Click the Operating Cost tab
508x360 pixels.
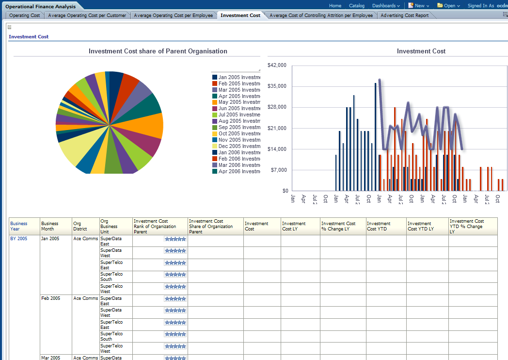click(25, 16)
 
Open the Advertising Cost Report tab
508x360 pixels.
click(404, 16)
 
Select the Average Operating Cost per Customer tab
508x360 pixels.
click(87, 16)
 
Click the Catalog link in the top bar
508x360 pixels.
click(357, 6)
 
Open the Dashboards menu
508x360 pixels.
click(386, 6)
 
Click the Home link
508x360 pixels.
click(335, 6)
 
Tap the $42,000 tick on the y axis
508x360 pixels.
click(277, 65)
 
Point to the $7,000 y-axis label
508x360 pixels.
click(279, 170)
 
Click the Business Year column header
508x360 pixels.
click(19, 226)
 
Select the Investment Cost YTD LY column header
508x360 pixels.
click(421, 226)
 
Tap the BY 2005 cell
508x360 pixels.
click(19, 239)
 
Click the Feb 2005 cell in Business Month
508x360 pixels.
click(51, 298)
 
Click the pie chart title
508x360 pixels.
click(158, 51)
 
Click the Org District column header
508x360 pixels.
click(80, 226)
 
